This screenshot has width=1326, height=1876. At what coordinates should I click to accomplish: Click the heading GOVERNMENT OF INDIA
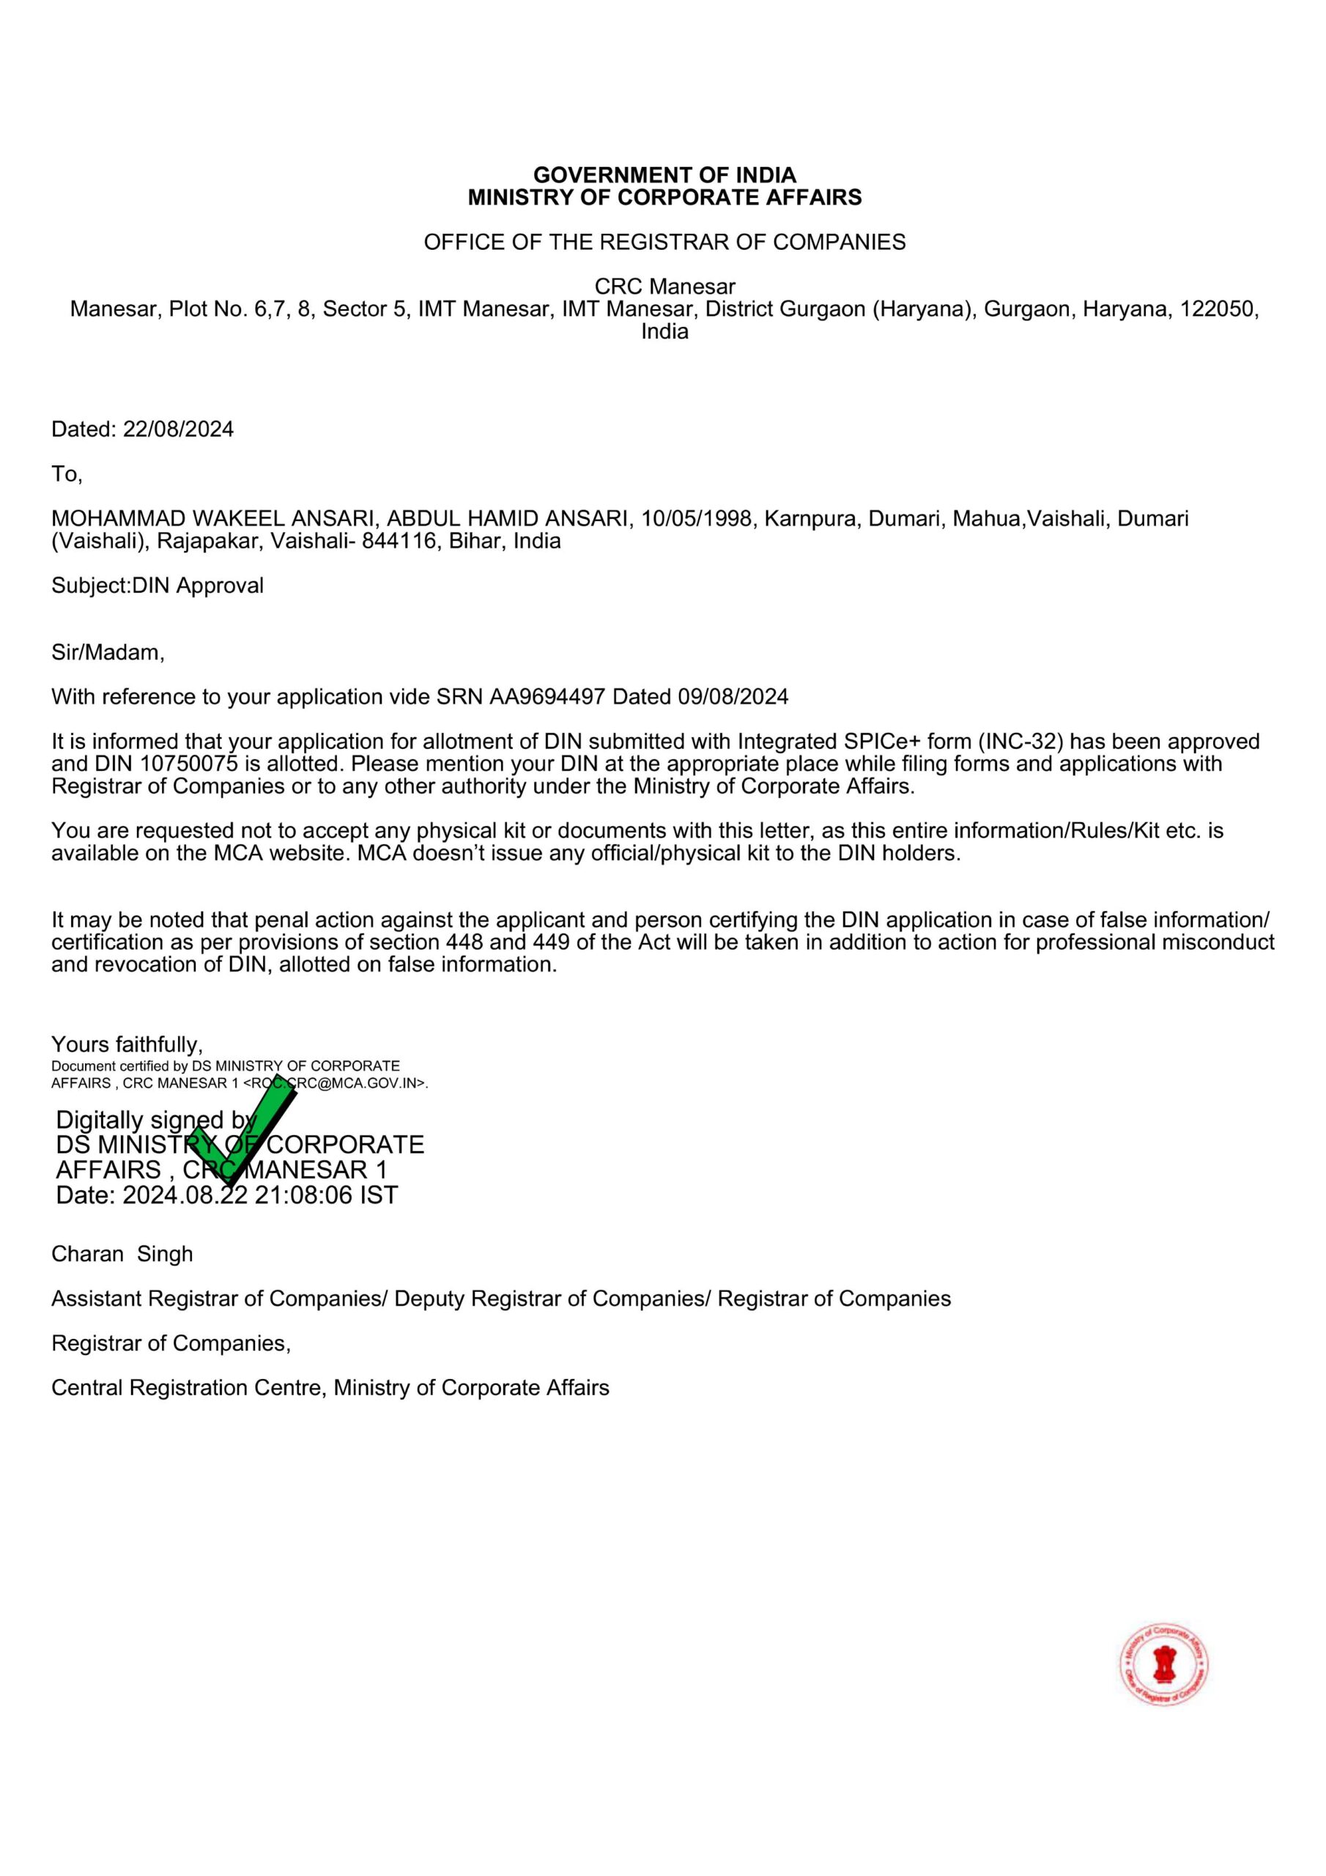pyautogui.click(x=664, y=175)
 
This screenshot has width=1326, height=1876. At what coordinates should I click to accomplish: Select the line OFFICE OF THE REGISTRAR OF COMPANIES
pyautogui.click(x=664, y=242)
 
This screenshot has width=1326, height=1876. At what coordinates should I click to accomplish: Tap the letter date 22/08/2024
pyautogui.click(x=178, y=429)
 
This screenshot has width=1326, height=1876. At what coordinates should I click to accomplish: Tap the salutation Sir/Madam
pyautogui.click(x=108, y=652)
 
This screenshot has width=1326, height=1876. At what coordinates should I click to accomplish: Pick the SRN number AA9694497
pyautogui.click(x=547, y=697)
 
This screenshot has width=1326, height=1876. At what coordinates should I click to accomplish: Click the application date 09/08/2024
pyautogui.click(x=733, y=697)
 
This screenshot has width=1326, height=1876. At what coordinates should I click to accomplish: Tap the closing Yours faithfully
pyautogui.click(x=127, y=1044)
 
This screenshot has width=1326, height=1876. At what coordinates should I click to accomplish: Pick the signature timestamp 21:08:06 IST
pyautogui.click(x=326, y=1195)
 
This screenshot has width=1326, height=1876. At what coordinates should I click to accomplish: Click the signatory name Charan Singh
pyautogui.click(x=122, y=1254)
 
